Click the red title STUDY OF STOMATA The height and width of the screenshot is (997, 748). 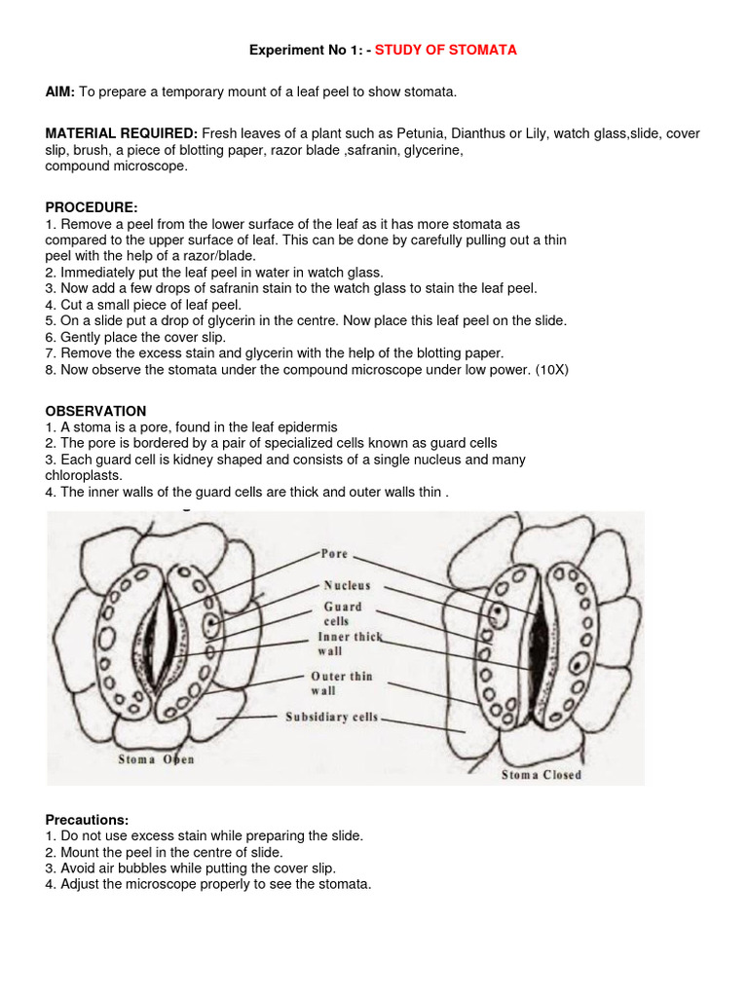[445, 50]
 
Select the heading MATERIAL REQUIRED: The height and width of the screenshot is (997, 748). [122, 133]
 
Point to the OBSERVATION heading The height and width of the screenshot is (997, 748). [95, 412]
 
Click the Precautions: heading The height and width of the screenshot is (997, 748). [87, 821]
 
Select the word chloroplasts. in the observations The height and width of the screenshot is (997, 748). [84, 475]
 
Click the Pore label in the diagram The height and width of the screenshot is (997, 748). [334, 554]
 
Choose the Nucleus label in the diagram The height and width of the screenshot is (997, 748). [347, 587]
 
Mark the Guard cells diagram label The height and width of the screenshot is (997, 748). [342, 613]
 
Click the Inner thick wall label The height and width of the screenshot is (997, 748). [350, 644]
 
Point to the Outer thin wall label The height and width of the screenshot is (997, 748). [341, 683]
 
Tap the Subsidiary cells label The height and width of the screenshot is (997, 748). [331, 718]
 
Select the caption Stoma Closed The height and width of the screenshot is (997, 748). [541, 775]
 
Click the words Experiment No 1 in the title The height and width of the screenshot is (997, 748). [297, 50]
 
